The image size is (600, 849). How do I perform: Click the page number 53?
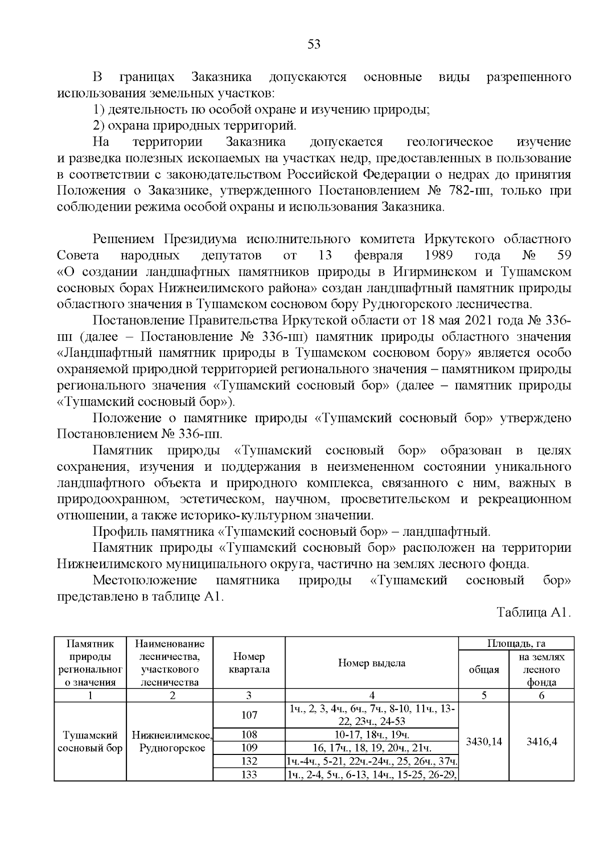[x=313, y=45]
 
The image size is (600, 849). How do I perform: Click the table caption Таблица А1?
[x=533, y=613]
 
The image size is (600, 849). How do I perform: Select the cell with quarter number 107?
[x=249, y=715]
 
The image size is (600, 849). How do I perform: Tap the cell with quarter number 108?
[x=249, y=734]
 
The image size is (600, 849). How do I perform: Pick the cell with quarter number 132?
[x=249, y=761]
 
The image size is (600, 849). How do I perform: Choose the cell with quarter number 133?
[x=249, y=774]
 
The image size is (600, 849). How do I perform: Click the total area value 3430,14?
[x=483, y=741]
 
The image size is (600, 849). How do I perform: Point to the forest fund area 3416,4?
[x=541, y=741]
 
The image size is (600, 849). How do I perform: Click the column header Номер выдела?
[x=371, y=663]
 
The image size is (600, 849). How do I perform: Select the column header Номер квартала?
[x=249, y=663]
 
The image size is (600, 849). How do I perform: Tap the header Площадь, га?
[x=516, y=643]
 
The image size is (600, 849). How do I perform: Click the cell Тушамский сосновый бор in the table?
[x=90, y=741]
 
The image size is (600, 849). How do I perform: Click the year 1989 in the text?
[x=438, y=256]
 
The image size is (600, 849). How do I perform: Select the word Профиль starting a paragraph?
[x=114, y=532]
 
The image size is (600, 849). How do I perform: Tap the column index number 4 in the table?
[x=371, y=695]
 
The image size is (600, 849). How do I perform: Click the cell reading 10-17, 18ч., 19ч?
[x=371, y=734]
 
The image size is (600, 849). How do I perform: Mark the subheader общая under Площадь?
[x=483, y=669]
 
